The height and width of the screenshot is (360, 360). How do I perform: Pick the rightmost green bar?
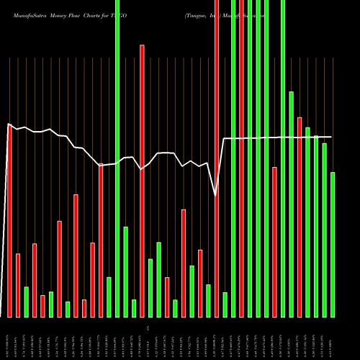click(333, 245)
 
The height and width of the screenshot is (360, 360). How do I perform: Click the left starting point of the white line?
click(8, 125)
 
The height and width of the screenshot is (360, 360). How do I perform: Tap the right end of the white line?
click(332, 137)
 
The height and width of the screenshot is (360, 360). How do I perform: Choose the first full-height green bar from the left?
click(117, 158)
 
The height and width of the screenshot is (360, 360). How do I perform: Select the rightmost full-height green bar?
click(283, 158)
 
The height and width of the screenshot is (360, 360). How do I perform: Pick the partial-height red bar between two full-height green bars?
click(274, 242)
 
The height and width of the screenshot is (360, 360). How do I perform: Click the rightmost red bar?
click(300, 216)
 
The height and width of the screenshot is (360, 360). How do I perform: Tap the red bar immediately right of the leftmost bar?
click(18, 285)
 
